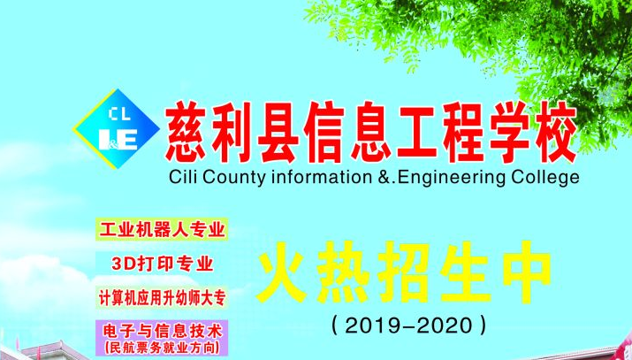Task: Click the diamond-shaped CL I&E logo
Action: [116, 129]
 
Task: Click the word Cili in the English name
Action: [182, 177]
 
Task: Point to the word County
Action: [233, 178]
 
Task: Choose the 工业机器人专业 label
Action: [162, 229]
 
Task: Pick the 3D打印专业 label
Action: [162, 264]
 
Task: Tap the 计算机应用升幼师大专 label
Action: [162, 298]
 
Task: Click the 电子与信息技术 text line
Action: [162, 332]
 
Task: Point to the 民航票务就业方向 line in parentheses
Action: [162, 347]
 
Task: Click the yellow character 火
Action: [279, 273]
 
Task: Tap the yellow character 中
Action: [527, 273]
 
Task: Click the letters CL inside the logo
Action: [119, 114]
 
